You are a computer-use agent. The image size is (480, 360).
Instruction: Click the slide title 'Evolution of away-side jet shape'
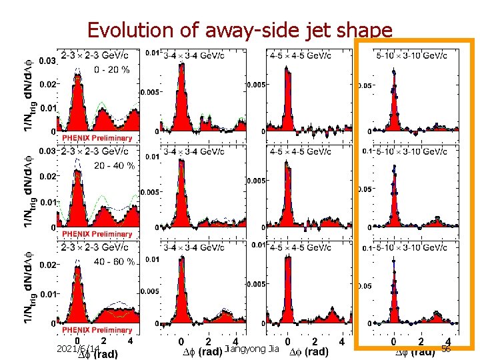(239, 30)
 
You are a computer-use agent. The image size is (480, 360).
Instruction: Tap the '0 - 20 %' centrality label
(111, 69)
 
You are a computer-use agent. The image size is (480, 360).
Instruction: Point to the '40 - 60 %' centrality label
(115, 261)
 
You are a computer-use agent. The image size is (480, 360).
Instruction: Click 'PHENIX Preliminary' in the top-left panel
(97, 138)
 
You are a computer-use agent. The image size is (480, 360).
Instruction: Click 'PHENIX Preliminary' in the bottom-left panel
(97, 330)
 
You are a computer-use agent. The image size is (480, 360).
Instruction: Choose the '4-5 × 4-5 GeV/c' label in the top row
(304, 55)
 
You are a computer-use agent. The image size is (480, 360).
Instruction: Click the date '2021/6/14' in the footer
(78, 349)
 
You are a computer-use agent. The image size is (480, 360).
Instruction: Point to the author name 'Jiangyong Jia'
(253, 349)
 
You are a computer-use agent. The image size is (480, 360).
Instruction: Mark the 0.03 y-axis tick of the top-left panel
(47, 61)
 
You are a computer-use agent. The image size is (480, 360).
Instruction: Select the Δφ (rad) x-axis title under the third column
(307, 351)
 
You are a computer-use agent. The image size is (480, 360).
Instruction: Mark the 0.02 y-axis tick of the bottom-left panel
(47, 265)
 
